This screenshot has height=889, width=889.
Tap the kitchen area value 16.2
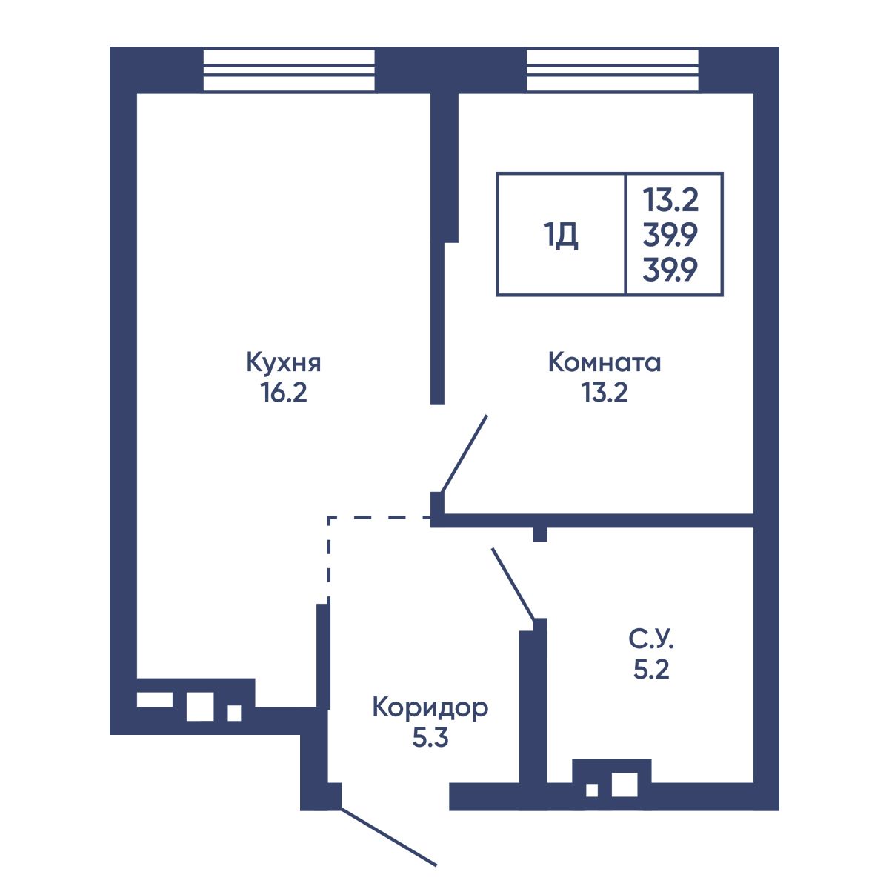[x=283, y=393]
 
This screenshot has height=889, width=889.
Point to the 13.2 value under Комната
[x=605, y=393]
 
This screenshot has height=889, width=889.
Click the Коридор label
[x=430, y=708]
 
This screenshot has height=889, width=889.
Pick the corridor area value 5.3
[x=430, y=739]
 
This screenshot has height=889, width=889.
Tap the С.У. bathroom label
[x=651, y=639]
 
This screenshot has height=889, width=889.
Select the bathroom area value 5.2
[x=651, y=670]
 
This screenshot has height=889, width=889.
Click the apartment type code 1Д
[x=561, y=236]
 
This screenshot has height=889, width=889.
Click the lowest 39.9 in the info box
[x=670, y=270]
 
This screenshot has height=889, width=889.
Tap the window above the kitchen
[x=289, y=70]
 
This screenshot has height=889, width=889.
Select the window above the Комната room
[x=612, y=70]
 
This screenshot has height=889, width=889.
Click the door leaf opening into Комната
[x=464, y=454]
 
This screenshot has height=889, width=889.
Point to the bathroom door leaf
[x=513, y=584]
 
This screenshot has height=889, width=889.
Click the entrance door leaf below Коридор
[x=388, y=836]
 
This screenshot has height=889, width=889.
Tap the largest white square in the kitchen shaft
[x=200, y=706]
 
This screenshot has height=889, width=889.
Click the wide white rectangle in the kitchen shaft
[x=155, y=699]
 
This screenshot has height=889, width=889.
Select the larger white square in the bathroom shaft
[x=625, y=785]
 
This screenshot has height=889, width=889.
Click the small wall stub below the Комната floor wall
[x=540, y=534]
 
